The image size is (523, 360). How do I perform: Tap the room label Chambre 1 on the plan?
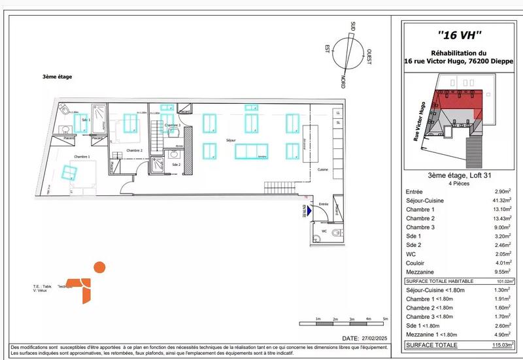82,157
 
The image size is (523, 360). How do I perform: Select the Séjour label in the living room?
230,140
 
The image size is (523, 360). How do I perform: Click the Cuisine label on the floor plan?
322,169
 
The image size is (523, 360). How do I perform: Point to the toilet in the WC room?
335,233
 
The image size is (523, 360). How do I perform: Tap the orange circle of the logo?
99,267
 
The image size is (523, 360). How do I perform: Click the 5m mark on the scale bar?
386,318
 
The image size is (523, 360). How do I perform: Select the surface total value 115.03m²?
500,345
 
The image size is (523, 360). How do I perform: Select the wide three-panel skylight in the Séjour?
251,151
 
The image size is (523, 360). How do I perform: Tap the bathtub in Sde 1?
99,118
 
